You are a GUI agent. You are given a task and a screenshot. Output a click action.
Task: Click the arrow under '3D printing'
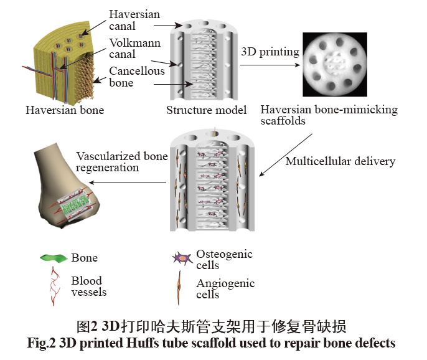click(271, 63)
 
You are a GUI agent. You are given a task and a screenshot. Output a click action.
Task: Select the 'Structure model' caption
click(207, 110)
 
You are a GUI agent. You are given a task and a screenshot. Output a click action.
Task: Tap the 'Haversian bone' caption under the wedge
click(65, 110)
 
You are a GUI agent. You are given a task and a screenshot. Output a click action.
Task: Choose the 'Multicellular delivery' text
click(340, 161)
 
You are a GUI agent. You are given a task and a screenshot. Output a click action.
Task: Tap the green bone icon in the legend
click(52, 257)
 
